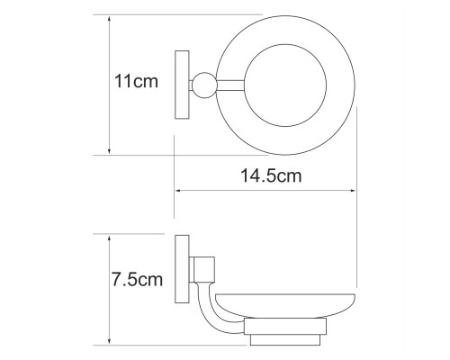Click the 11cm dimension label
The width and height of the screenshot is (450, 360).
click(136, 81)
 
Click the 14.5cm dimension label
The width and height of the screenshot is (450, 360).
click(271, 175)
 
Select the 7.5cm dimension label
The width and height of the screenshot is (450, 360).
click(137, 280)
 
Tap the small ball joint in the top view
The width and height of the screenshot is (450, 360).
click(204, 85)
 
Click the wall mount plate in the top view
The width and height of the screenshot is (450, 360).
click(182, 85)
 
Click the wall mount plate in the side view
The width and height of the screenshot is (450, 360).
click(182, 269)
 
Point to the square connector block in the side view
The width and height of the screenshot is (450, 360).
click(204, 270)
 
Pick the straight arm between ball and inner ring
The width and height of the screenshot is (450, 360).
click(229, 85)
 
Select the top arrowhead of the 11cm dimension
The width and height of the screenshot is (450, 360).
click(109, 19)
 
